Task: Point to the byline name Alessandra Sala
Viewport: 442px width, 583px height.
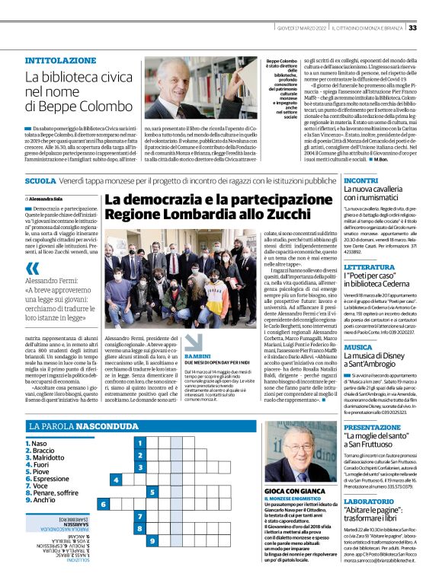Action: click(x=50, y=198)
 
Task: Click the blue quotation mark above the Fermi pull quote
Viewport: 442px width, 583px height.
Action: click(x=31, y=247)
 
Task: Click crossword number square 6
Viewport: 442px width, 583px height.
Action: click(x=104, y=505)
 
